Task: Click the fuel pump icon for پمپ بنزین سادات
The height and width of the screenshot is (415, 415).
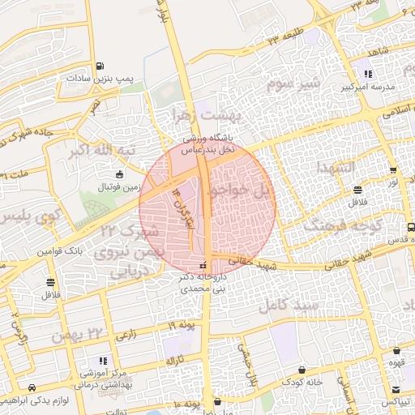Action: point(100,66)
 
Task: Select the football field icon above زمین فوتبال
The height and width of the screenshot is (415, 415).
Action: point(120,174)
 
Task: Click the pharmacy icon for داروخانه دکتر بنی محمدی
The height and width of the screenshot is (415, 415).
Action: point(203,266)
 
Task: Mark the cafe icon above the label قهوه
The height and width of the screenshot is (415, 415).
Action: point(396,351)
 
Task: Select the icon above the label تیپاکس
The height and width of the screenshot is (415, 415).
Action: point(397,390)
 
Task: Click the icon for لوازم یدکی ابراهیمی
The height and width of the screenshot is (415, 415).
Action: point(32,388)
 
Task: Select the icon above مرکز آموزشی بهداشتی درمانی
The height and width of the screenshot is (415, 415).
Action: point(102,360)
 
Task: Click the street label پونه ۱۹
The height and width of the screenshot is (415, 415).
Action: point(183,325)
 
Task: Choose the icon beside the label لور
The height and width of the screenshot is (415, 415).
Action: point(393,171)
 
